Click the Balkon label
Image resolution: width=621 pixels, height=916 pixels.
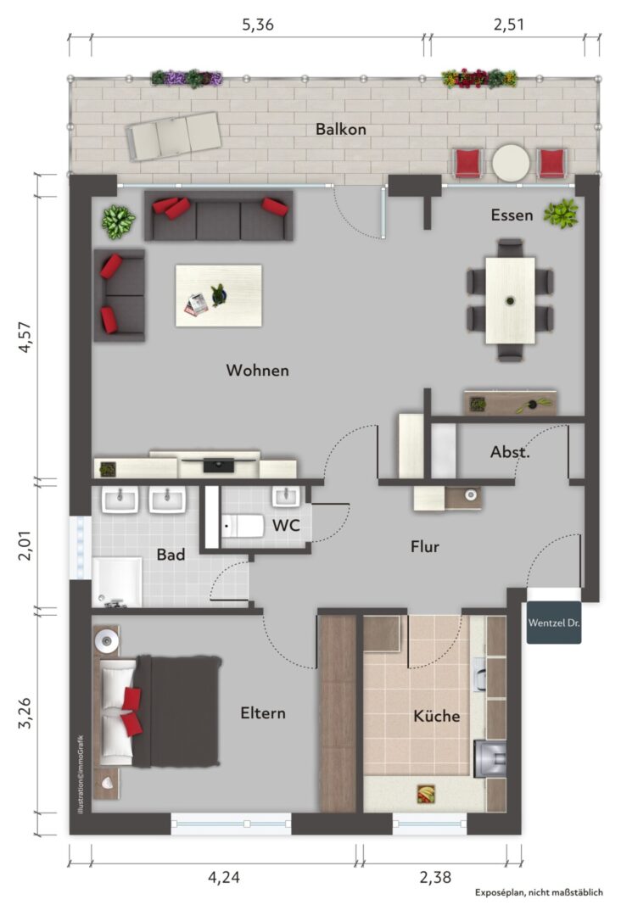point(340,129)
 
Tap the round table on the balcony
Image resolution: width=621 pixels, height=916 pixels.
point(511,163)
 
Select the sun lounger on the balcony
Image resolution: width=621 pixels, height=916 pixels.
point(174,136)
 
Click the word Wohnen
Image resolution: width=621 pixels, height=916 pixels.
point(257,371)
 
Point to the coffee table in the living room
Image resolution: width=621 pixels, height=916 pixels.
point(219,296)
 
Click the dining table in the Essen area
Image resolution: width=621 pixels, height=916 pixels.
point(510,300)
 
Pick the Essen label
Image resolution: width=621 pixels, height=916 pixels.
point(512,215)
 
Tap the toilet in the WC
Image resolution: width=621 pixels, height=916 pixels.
point(243,526)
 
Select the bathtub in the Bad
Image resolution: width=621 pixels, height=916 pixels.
point(117,582)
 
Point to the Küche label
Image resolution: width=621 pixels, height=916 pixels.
point(436,716)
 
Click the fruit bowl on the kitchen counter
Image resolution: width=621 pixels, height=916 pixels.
point(426,794)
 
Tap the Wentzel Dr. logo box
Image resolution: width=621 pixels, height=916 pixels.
point(554,623)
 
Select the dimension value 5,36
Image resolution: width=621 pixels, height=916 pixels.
point(258,25)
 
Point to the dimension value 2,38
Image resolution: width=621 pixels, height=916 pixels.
point(435,877)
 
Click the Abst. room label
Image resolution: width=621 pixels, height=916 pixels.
point(510,451)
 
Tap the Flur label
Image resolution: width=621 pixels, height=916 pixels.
point(425,547)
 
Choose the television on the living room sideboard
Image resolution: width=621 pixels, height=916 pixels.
point(219,465)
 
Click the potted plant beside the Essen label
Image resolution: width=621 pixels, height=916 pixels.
point(561,214)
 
